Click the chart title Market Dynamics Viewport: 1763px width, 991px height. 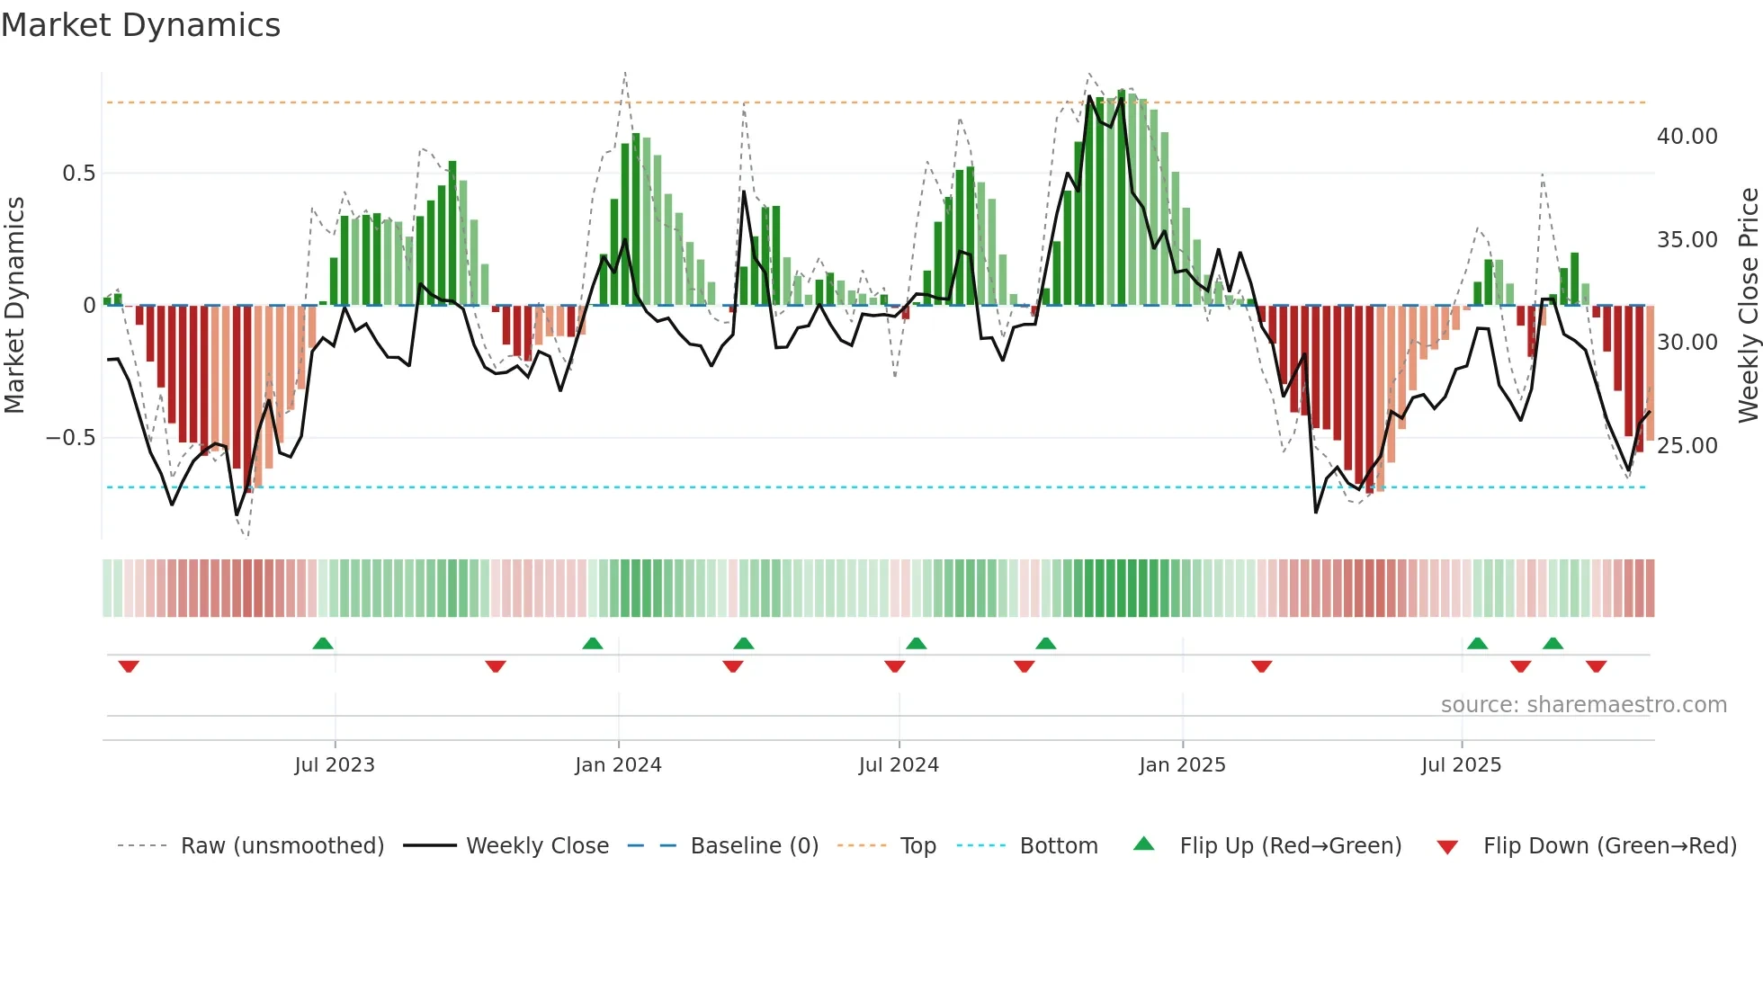141,25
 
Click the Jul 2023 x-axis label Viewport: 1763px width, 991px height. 335,765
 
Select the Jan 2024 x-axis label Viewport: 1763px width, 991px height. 618,765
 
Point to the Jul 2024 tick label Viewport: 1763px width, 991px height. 899,765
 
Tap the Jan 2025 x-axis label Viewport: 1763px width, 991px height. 1182,765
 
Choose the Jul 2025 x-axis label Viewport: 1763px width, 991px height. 1462,765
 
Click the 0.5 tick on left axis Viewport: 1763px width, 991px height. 78,174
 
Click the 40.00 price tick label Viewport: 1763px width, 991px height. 1687,137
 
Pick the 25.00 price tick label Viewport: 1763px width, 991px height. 1687,446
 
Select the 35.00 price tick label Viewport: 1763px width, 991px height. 1687,240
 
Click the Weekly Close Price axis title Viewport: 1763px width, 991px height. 1748,306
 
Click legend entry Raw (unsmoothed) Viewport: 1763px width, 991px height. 282,846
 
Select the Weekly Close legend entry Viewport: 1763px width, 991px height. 537,846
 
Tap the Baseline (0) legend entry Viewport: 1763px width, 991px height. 754,846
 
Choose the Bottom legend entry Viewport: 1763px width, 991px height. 1058,846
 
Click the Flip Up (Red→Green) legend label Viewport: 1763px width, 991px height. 1290,846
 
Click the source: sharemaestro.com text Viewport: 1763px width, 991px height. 1583,705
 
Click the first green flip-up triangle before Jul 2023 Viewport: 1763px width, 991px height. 323,643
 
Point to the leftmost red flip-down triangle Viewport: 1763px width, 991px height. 129,666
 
